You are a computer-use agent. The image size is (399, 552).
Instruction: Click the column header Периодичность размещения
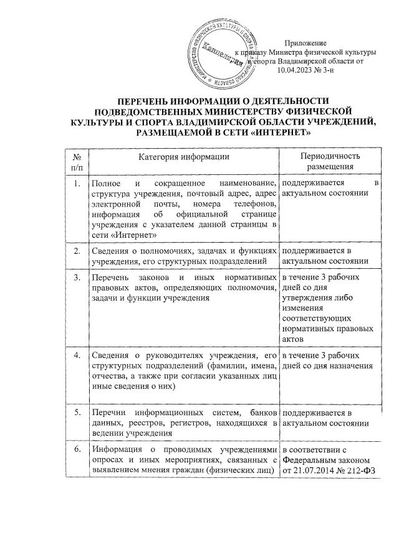330,162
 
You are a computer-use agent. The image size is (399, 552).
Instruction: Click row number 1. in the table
76,184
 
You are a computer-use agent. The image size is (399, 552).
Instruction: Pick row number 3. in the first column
76,276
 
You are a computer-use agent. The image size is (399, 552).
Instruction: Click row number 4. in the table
76,355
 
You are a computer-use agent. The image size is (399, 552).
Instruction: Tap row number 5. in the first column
76,413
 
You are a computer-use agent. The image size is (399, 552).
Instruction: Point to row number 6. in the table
76,450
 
